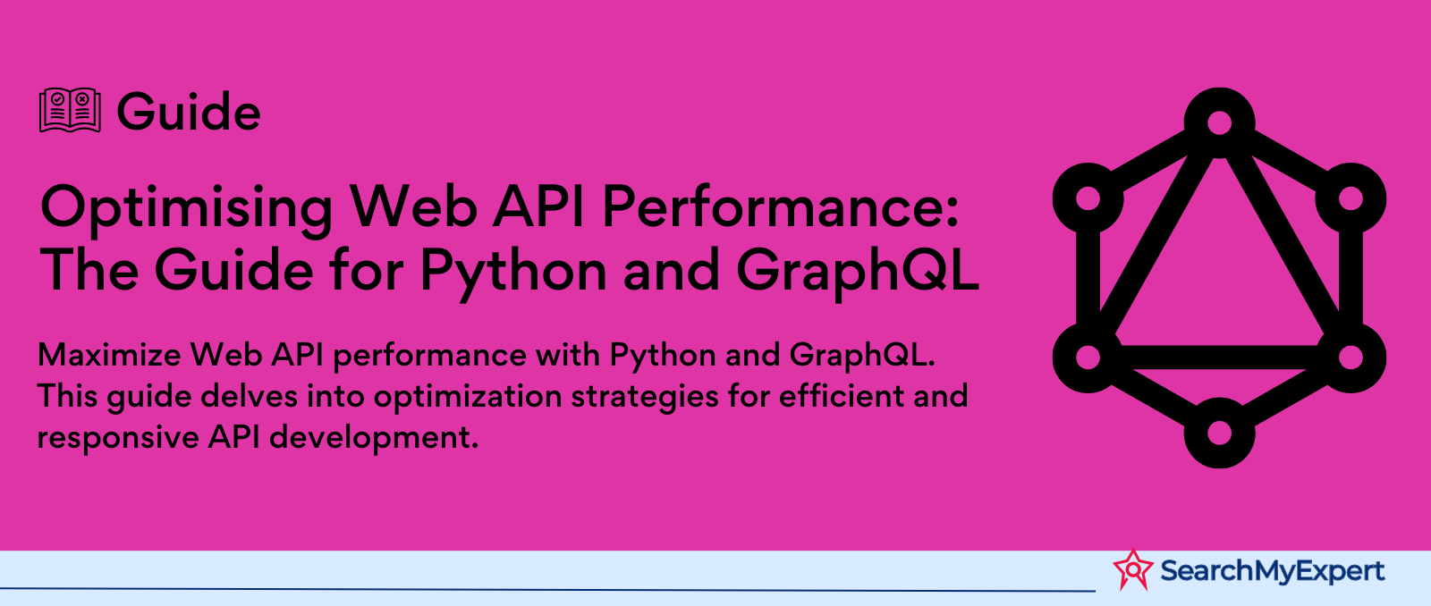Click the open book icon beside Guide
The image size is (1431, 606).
click(x=70, y=111)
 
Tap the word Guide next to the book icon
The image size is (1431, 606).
click(x=189, y=112)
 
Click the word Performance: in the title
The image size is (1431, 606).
click(x=780, y=206)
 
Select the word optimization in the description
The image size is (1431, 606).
click(x=467, y=397)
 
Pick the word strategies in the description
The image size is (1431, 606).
click(x=645, y=397)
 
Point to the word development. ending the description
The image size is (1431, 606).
click(x=374, y=439)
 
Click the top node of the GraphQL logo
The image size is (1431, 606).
click(x=1219, y=122)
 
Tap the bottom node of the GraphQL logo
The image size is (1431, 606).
click(x=1219, y=433)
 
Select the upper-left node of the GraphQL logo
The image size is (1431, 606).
click(x=1088, y=198)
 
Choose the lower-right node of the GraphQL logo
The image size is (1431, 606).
click(x=1351, y=358)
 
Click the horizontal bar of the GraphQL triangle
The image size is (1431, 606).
click(x=1219, y=358)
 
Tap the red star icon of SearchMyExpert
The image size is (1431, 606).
click(x=1133, y=569)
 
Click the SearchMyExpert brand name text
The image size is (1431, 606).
click(x=1272, y=571)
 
